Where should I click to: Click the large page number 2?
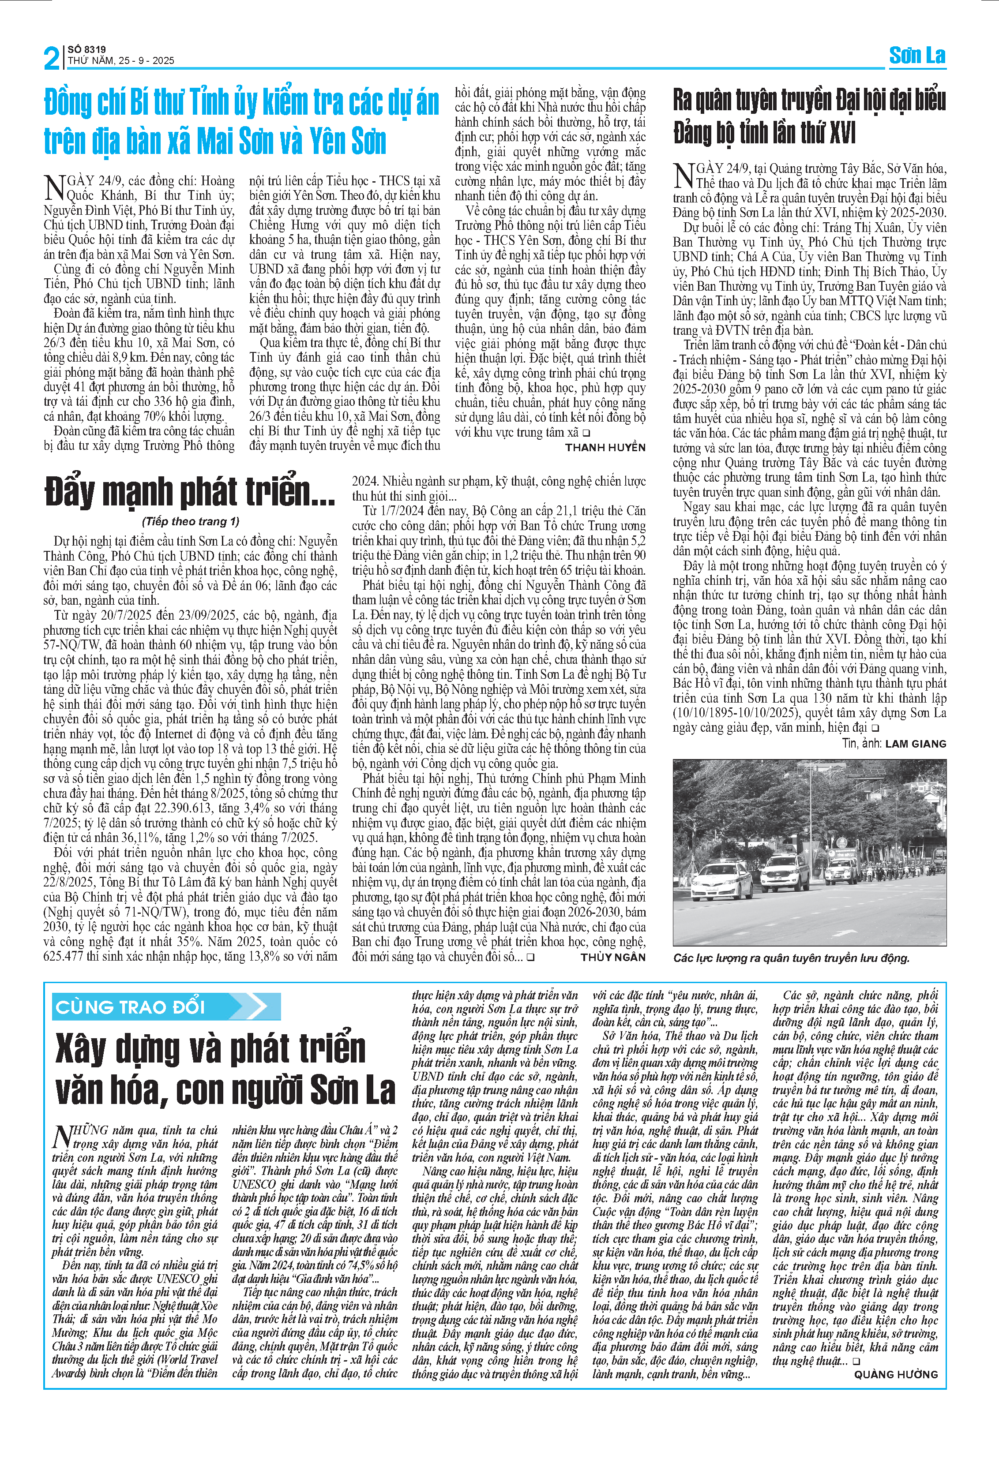(52, 58)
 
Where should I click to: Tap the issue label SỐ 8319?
(86, 49)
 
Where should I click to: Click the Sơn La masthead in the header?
(917, 56)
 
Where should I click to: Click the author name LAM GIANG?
(916, 744)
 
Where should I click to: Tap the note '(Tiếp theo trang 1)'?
(190, 521)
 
